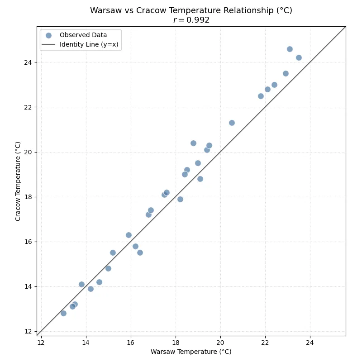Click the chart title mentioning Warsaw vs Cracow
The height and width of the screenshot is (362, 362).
click(x=191, y=10)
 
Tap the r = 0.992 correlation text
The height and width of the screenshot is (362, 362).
click(x=191, y=20)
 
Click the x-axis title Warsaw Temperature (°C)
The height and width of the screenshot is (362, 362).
click(x=191, y=352)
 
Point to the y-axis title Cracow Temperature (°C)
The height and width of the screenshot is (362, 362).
click(x=18, y=181)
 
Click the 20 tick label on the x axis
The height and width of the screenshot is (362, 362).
click(x=220, y=343)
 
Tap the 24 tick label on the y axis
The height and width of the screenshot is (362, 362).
click(x=28, y=62)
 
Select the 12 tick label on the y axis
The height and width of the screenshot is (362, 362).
click(x=28, y=331)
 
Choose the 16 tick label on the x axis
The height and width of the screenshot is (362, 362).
click(x=131, y=343)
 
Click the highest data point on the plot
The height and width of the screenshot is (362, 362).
click(x=290, y=49)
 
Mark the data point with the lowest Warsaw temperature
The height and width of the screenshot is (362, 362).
click(x=63, y=313)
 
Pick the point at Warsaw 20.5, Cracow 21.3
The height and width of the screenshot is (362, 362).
click(x=232, y=123)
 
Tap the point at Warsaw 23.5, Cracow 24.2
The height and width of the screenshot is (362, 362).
click(x=299, y=57)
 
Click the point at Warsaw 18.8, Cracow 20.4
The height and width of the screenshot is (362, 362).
click(x=193, y=143)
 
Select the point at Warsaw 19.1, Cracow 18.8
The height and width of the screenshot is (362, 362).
click(x=200, y=179)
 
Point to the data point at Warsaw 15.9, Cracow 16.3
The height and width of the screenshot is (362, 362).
click(x=129, y=235)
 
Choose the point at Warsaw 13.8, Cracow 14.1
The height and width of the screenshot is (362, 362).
click(x=81, y=284)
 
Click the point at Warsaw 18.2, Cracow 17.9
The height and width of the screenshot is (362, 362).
click(x=180, y=199)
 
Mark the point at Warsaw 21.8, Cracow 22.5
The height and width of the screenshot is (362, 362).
click(x=261, y=96)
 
